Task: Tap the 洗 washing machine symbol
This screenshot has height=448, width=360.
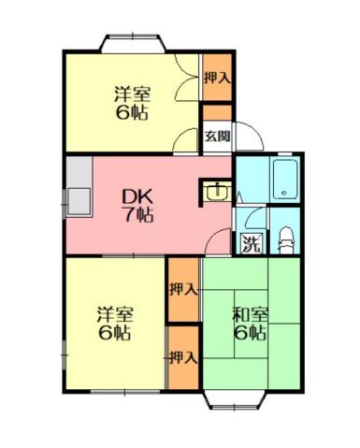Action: (x=250, y=246)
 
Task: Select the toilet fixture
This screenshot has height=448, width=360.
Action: (x=286, y=238)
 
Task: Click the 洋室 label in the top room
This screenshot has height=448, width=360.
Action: (x=133, y=95)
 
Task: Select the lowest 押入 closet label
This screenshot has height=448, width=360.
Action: (x=183, y=356)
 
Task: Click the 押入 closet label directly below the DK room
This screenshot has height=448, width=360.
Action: (x=183, y=288)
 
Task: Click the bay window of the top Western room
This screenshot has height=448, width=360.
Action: (x=133, y=43)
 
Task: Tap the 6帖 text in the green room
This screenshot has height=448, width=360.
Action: (x=250, y=333)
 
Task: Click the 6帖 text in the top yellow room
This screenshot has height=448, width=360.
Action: (x=133, y=114)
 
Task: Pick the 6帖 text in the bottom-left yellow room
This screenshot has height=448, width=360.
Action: (x=114, y=333)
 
